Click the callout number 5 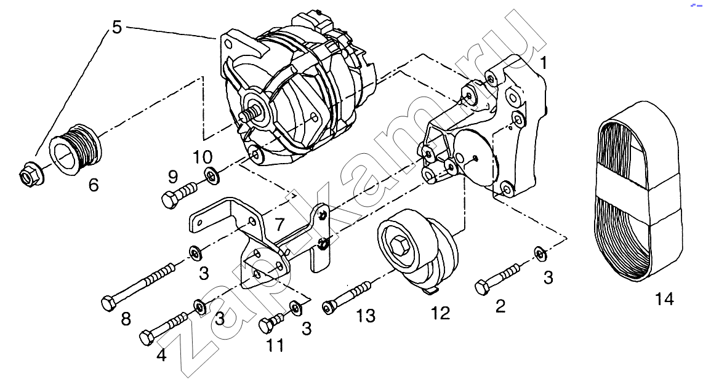(x=116, y=27)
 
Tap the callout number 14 (x=664, y=298)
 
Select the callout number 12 (x=440, y=313)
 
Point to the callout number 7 (x=279, y=223)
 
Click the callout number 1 (x=544, y=63)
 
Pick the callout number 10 (x=202, y=158)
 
